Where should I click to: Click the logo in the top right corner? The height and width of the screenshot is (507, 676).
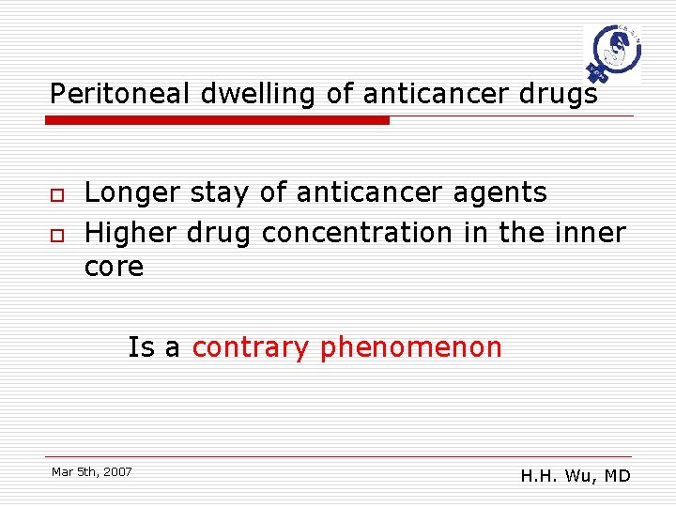(611, 54)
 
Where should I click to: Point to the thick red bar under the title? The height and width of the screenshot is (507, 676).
(217, 120)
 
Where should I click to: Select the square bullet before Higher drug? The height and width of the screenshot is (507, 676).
(56, 233)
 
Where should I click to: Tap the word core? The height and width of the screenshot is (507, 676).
(114, 268)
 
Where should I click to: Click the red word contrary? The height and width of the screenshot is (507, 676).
(250, 348)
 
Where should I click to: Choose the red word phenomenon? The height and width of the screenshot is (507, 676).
(411, 348)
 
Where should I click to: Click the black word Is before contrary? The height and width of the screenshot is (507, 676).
(140, 347)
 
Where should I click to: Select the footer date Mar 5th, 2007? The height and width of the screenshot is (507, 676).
(92, 471)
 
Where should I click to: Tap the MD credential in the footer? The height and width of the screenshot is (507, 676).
(617, 476)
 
